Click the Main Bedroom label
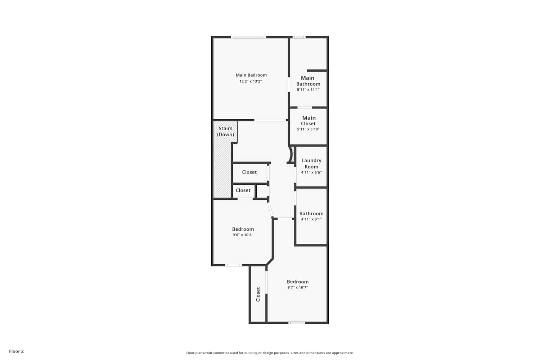coord(251,75)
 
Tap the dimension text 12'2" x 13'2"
coord(251,81)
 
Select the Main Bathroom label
coord(308,81)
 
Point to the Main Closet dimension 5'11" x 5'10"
coord(308,129)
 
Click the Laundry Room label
coord(311,163)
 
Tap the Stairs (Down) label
coord(225,131)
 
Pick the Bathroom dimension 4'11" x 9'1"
coord(311,219)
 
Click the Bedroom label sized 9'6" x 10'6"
coord(243,229)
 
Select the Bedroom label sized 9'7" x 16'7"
coord(297,282)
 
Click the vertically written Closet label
coord(258,294)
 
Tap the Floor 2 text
coord(17,351)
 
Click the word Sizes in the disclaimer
coord(294,353)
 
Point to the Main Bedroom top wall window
coord(248,37)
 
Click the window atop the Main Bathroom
coord(299,37)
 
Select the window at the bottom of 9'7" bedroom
coord(297,323)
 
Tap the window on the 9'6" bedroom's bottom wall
coord(233,265)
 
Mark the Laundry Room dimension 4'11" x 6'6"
coord(311,172)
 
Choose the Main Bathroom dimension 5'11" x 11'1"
coord(308,89)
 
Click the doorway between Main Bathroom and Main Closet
coord(305,108)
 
